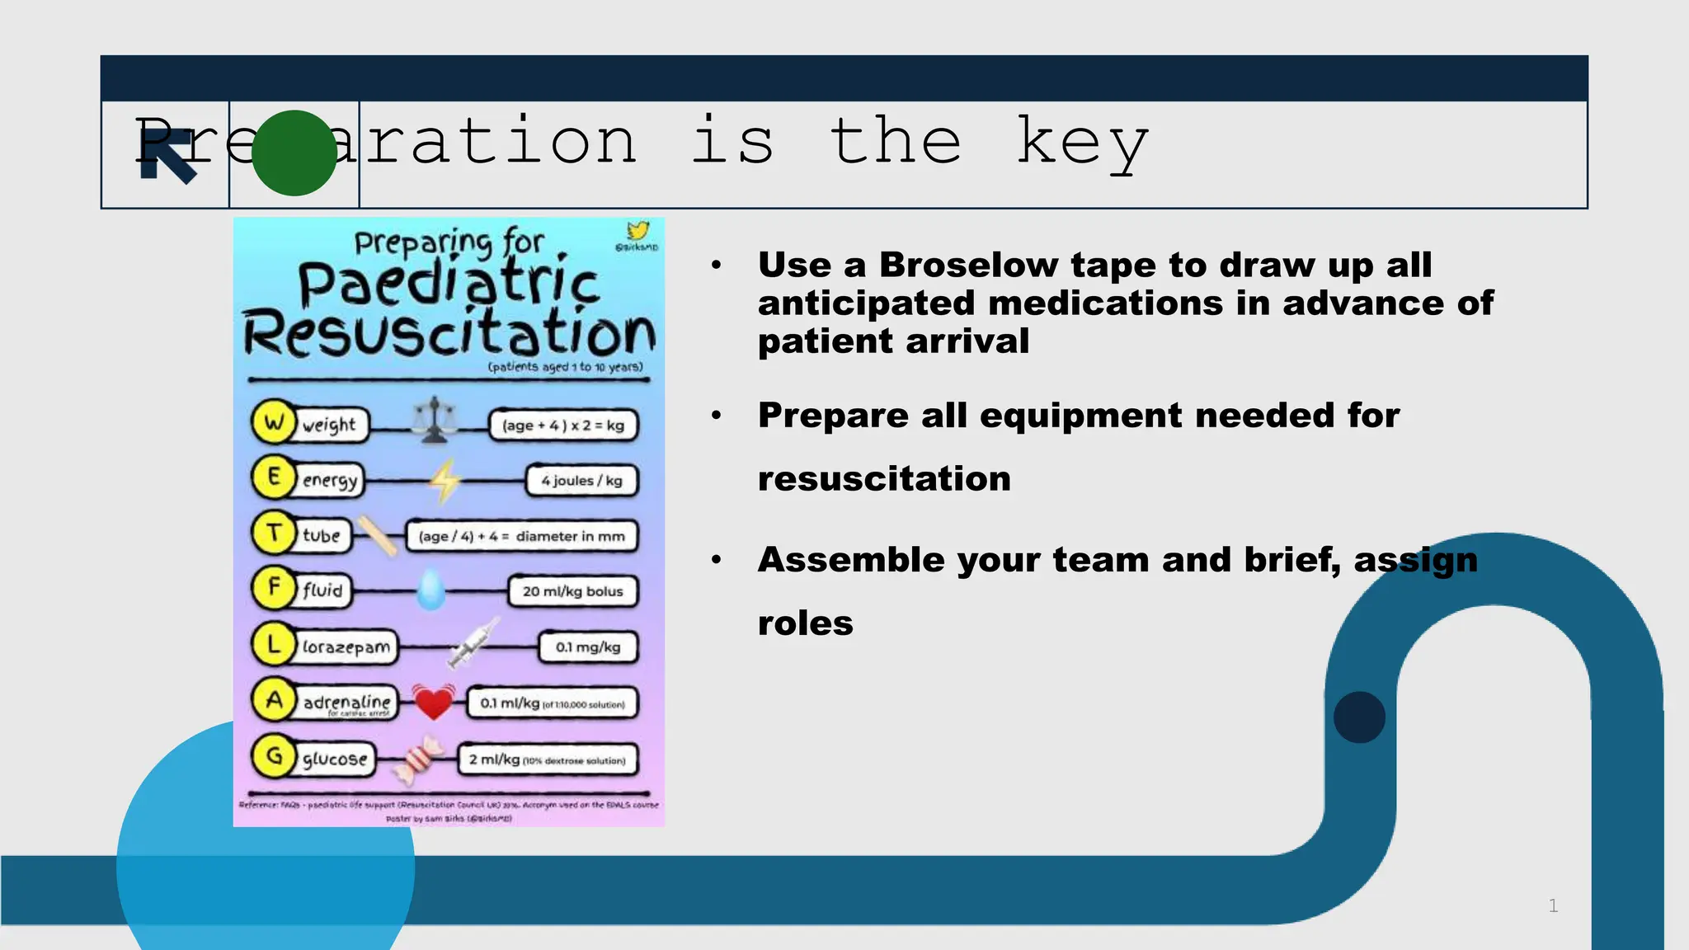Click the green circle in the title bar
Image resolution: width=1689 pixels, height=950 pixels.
[x=294, y=153]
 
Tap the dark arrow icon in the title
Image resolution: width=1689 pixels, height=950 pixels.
[x=168, y=157]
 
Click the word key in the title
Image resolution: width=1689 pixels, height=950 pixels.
[x=1082, y=143]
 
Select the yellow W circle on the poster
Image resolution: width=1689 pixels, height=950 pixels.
[x=274, y=422]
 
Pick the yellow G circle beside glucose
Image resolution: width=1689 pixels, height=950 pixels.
[x=274, y=756]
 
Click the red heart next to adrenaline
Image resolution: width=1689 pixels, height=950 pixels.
[x=433, y=702]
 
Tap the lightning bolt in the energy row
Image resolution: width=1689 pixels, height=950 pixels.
[x=445, y=480]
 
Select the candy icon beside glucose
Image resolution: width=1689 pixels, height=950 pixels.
[x=419, y=758]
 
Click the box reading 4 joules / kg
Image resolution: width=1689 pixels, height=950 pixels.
[x=582, y=481]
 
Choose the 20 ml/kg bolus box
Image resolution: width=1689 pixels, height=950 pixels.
[x=573, y=591]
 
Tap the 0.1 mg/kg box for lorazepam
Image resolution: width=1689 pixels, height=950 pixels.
[x=588, y=647]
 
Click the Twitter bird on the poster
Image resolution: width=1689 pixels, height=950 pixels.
[x=637, y=231]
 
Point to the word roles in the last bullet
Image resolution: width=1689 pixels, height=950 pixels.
[x=805, y=623]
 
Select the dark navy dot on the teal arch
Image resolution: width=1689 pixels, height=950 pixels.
[x=1359, y=717]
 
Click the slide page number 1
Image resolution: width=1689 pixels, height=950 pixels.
[x=1553, y=905]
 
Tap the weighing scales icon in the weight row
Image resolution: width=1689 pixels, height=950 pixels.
[x=434, y=421]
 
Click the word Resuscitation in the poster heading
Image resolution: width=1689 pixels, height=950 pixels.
[x=449, y=333]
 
